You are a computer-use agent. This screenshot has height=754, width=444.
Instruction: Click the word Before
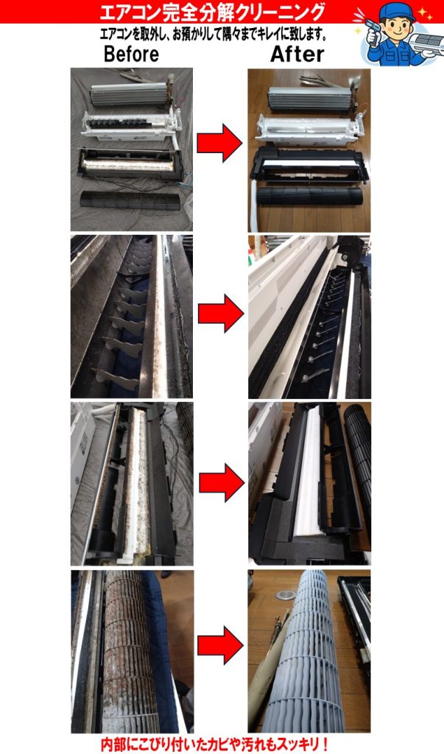131,54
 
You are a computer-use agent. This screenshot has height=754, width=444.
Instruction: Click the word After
297,54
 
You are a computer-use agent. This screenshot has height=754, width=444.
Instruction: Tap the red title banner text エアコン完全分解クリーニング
211,12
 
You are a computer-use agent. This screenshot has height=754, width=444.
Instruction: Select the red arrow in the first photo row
219,142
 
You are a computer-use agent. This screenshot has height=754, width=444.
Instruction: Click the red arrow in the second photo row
220,313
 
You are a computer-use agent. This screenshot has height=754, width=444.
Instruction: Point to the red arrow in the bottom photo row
220,645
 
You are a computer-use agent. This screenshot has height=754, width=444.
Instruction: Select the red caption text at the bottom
214,744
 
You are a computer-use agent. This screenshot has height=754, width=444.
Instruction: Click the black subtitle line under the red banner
214,35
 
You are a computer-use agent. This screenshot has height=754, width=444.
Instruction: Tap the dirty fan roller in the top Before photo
130,200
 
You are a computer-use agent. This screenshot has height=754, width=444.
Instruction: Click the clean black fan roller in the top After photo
309,196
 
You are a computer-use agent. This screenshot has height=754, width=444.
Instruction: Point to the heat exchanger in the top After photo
310,98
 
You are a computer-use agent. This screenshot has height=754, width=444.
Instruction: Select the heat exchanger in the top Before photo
129,95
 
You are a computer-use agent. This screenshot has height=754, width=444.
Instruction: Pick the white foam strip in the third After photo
309,471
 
